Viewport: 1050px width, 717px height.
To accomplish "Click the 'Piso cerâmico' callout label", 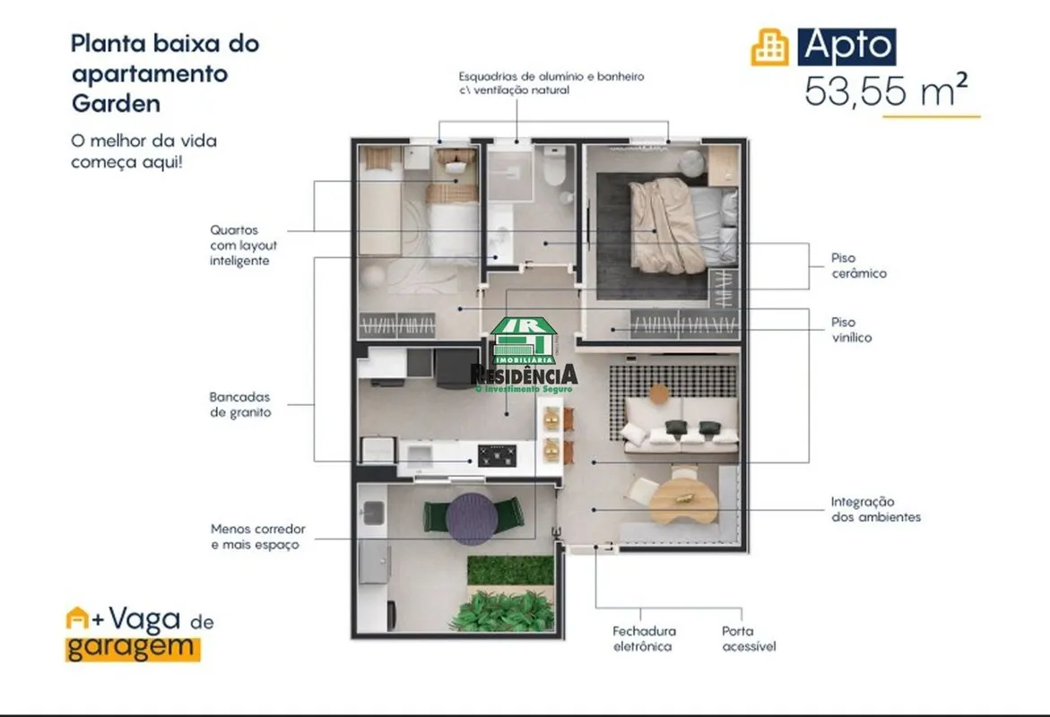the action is tap(858, 266).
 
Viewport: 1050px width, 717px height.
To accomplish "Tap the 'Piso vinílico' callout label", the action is tap(852, 330).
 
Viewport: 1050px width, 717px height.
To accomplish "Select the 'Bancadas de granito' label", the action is tap(240, 405).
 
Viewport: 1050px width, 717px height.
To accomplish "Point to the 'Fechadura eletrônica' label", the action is tap(644, 639).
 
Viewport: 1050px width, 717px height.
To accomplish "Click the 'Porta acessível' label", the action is tap(749, 639).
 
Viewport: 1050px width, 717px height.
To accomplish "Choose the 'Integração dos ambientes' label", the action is tap(876, 509).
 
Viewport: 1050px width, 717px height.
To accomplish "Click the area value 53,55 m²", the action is tap(886, 91).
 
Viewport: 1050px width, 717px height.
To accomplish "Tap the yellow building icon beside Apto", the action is tap(769, 48).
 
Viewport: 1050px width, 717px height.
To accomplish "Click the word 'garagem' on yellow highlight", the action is tap(131, 648).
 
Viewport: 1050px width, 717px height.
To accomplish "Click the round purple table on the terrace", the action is tap(473, 519).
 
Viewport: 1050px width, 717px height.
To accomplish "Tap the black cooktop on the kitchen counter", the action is tap(497, 456).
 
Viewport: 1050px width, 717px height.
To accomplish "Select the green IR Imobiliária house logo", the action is tap(524, 341).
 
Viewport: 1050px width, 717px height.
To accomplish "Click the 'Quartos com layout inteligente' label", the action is tap(243, 246).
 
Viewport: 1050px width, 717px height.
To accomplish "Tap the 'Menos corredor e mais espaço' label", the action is tap(258, 537).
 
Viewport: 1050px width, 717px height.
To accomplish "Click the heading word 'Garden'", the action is tap(116, 104).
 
